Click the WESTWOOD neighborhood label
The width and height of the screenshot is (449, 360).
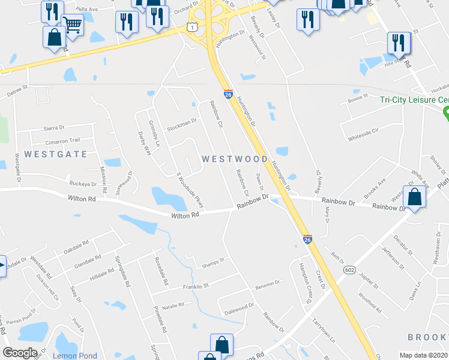click(x=235, y=159)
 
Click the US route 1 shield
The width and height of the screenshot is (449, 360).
click(x=191, y=27)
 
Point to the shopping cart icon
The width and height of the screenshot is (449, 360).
click(x=72, y=25)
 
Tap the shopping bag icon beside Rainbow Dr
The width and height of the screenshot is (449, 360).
click(x=414, y=197)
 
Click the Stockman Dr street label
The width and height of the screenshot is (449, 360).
click(x=182, y=123)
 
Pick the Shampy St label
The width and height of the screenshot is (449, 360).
click(x=212, y=260)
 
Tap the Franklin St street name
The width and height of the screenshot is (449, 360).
click(x=195, y=287)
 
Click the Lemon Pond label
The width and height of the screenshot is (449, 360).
click(x=74, y=356)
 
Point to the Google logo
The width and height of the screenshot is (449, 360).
click(x=20, y=353)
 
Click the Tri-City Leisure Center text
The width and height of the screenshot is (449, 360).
click(x=414, y=100)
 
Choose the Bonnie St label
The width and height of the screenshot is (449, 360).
click(x=357, y=97)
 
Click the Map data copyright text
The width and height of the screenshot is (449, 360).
click(x=424, y=355)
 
